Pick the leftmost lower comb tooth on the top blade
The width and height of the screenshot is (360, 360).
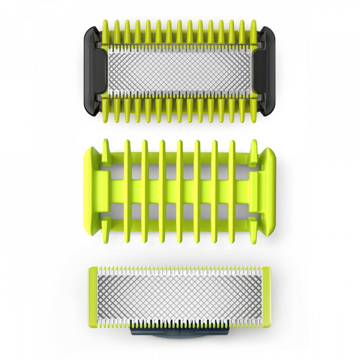(x=106, y=112)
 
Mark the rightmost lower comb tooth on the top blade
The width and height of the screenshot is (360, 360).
(x=254, y=112)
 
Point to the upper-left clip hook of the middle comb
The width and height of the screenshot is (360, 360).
(x=107, y=151)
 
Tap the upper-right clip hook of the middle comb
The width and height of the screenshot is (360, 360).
(x=253, y=151)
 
